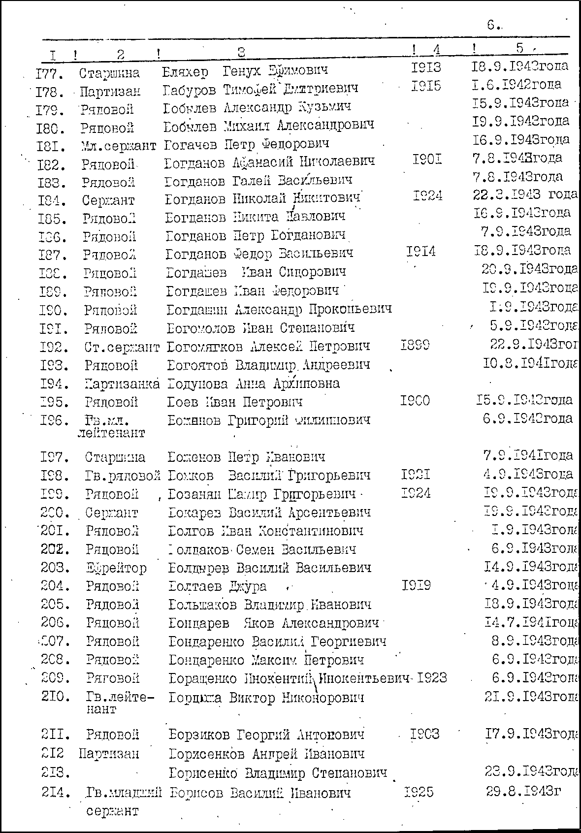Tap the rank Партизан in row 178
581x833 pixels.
coord(110,92)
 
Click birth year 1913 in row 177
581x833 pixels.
coord(426,67)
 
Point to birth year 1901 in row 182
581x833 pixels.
coord(427,160)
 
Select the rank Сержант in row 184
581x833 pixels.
coord(108,201)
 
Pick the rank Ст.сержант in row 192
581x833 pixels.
coord(122,347)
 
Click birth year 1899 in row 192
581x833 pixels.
coord(415,345)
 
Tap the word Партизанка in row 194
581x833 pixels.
coord(122,384)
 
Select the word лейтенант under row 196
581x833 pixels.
coord(111,433)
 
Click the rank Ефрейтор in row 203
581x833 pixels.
coord(116,568)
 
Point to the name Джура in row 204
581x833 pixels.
coord(248,586)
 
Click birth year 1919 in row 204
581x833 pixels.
coord(416,585)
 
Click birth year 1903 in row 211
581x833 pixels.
coord(425,735)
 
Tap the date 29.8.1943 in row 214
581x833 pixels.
coord(523,792)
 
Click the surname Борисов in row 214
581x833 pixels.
coord(196,793)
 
